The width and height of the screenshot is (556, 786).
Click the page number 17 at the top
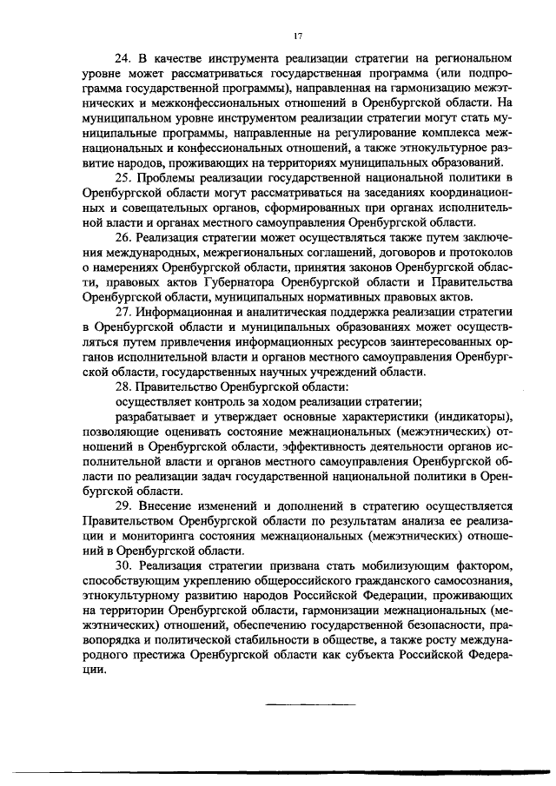[298, 36]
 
